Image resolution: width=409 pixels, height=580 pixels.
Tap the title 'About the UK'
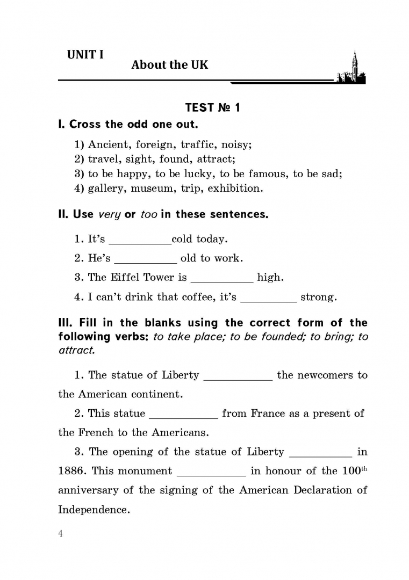point(169,65)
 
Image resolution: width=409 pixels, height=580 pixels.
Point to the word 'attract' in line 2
point(216,159)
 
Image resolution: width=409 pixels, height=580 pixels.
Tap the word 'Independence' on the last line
point(94,510)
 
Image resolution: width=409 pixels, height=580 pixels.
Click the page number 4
point(61,533)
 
